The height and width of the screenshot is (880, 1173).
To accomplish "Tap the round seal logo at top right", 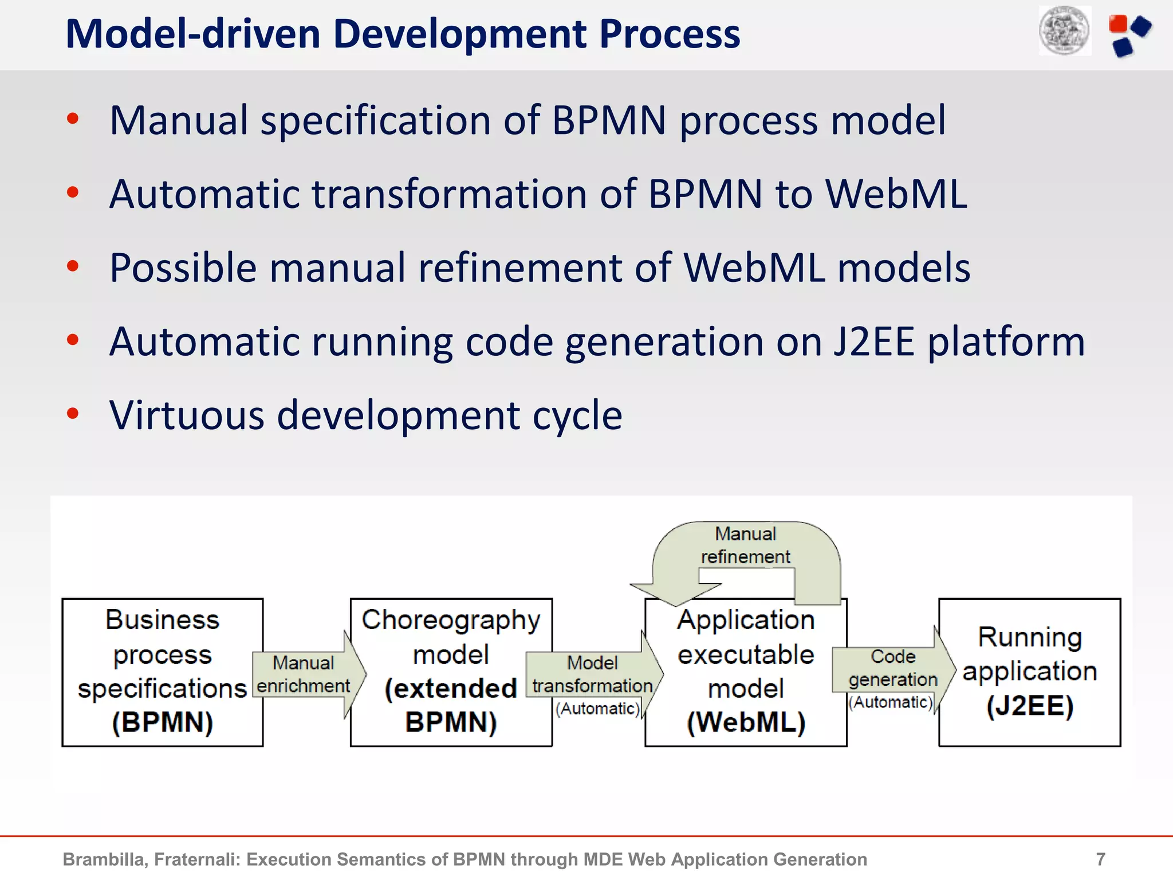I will (1065, 31).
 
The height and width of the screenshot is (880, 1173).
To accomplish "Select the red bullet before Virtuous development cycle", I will (73, 413).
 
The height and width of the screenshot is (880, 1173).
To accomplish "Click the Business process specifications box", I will (162, 671).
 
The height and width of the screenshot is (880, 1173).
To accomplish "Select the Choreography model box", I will (451, 671).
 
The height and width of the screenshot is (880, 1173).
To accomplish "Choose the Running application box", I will (1029, 671).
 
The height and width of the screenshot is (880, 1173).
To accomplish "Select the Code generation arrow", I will (893, 669).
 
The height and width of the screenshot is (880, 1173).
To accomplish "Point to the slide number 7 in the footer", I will (1100, 859).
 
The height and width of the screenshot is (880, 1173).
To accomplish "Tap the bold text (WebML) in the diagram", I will (746, 722).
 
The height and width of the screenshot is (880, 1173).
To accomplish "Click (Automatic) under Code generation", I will (891, 702).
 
